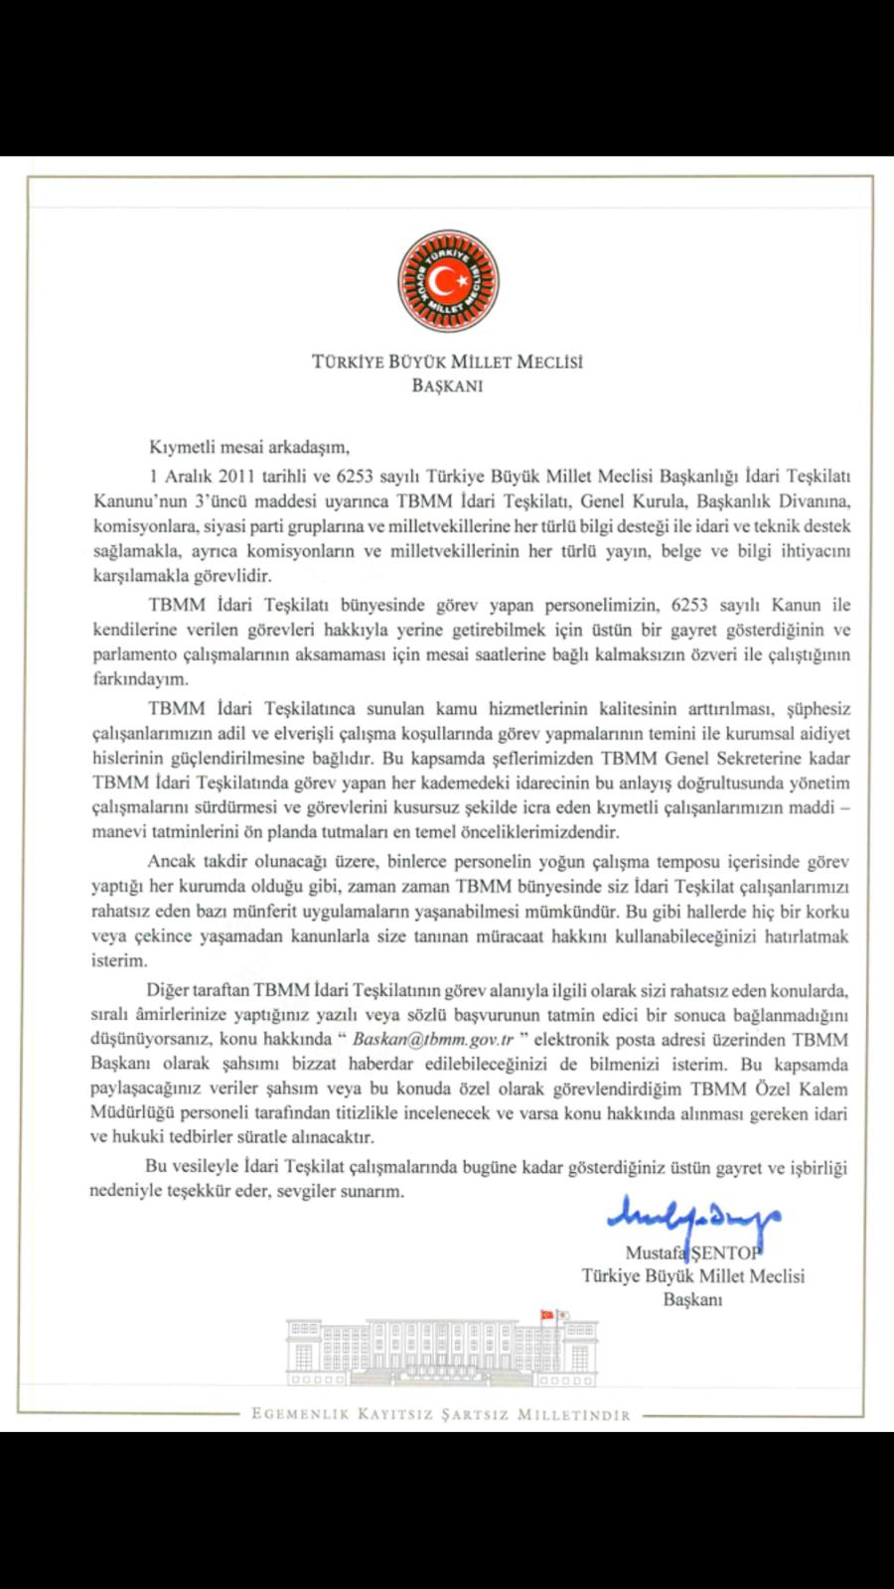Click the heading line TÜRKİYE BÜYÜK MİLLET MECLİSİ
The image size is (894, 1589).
[x=447, y=362]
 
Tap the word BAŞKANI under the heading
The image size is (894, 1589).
[x=447, y=386]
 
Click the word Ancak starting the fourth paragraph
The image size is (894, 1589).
[x=169, y=860]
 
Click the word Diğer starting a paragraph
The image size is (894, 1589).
[x=167, y=991]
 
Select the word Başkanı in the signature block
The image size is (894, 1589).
[x=692, y=1298]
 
